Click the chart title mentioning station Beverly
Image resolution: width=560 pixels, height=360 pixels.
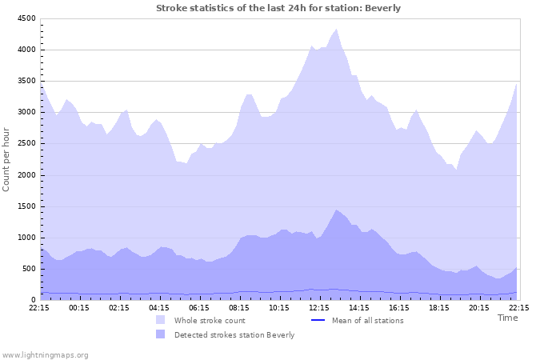pyautogui.click(x=278, y=8)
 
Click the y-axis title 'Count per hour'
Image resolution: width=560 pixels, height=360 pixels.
pyautogui.click(x=7, y=159)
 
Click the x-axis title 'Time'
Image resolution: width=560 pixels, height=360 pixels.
pyautogui.click(x=507, y=318)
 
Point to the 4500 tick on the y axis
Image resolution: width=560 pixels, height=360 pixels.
pyautogui.click(x=26, y=18)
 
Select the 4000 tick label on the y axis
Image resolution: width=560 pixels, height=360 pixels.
pyautogui.click(x=26, y=50)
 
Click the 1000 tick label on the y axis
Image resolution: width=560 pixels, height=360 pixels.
pyautogui.click(x=26, y=238)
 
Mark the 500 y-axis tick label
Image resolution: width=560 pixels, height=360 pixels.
pyautogui.click(x=28, y=269)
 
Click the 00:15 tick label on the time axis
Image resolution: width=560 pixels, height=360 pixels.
pyautogui.click(x=79, y=307)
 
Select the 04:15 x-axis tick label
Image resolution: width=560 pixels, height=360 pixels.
pyautogui.click(x=159, y=307)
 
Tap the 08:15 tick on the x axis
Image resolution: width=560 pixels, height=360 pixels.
pyautogui.click(x=239, y=307)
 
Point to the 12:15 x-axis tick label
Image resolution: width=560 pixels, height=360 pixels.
pyautogui.click(x=319, y=307)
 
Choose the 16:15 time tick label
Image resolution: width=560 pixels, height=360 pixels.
pyautogui.click(x=399, y=307)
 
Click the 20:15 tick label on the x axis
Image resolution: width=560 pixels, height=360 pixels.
pyautogui.click(x=478, y=307)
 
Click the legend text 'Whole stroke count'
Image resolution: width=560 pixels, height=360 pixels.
pyautogui.click(x=210, y=321)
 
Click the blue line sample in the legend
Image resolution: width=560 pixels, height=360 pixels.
pyautogui.click(x=317, y=321)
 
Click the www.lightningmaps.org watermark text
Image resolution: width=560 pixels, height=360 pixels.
pyautogui.click(x=45, y=354)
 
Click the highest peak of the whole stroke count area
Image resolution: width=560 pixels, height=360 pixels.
pyautogui.click(x=337, y=29)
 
